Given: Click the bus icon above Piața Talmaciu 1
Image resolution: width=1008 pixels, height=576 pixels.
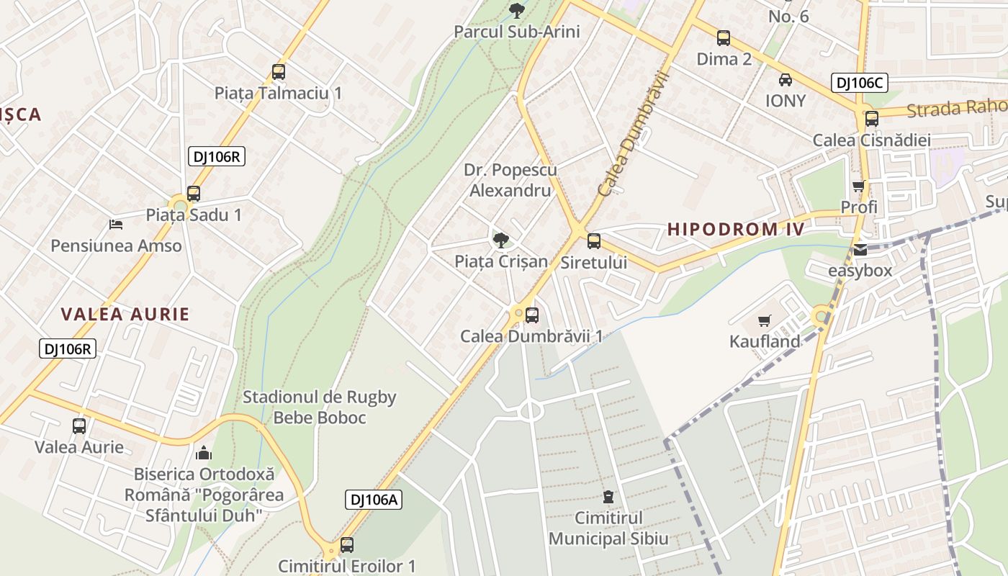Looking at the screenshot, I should [x=279, y=72].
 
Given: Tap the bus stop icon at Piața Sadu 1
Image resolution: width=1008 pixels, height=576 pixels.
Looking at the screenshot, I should [x=193, y=193].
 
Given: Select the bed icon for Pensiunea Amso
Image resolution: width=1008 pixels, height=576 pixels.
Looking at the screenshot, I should [x=115, y=225].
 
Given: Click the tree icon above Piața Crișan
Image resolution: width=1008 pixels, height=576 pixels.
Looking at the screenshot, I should [x=500, y=240].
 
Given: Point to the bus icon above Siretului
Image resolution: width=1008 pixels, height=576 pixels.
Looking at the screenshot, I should [x=593, y=241].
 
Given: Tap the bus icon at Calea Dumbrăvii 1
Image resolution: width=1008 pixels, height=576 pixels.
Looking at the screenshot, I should [x=531, y=315].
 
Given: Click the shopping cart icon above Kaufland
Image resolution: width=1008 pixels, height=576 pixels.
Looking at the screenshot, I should [x=764, y=320].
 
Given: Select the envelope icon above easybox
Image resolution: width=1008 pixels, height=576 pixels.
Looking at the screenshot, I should [x=860, y=250].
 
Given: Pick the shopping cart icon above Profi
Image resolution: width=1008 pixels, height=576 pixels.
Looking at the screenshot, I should [x=858, y=186].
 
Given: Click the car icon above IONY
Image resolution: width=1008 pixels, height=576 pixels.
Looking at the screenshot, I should [x=785, y=80].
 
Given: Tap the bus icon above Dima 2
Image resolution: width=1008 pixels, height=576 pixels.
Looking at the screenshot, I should [x=724, y=38].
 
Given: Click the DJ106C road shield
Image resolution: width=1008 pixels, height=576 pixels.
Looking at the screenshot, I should [x=859, y=83].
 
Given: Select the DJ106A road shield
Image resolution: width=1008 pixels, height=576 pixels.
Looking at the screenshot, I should [x=373, y=499].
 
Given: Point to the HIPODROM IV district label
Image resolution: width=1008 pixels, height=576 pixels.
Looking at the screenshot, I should [x=734, y=230].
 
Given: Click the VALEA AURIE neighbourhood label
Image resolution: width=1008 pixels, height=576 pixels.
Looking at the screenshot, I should [x=125, y=314].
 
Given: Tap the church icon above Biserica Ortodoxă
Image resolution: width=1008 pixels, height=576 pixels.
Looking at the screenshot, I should [x=204, y=453].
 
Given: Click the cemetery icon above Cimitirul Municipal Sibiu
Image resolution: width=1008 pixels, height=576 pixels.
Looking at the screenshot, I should [x=608, y=497].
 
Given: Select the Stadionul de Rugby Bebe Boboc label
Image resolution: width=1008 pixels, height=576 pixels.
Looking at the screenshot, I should [x=319, y=407].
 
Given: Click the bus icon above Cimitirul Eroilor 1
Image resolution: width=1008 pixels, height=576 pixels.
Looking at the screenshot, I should [x=346, y=545].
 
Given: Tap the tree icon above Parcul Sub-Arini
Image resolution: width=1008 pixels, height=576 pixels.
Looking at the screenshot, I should [x=516, y=10].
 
